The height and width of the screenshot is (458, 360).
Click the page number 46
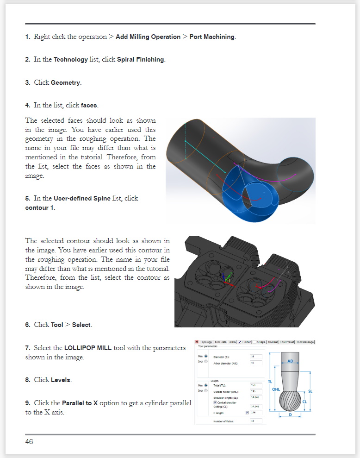29,442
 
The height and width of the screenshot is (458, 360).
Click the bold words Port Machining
212,37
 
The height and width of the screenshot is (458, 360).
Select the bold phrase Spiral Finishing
140,60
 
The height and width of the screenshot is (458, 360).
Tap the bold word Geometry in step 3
66,83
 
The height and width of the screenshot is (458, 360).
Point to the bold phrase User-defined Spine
82,198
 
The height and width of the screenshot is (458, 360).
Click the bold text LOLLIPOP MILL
88,348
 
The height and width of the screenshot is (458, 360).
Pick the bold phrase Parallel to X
80,403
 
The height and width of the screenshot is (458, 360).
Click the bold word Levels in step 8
61,380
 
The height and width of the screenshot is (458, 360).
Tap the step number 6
28,325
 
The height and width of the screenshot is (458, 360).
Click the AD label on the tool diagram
290,361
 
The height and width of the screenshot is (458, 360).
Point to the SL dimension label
310,391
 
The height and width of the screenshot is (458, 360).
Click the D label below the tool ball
290,414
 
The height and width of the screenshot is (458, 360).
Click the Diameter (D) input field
256,357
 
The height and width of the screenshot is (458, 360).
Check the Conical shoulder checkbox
215,402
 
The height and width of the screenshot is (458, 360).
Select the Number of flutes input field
256,421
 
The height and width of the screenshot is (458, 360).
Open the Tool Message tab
305,342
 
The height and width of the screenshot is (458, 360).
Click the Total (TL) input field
256,385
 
